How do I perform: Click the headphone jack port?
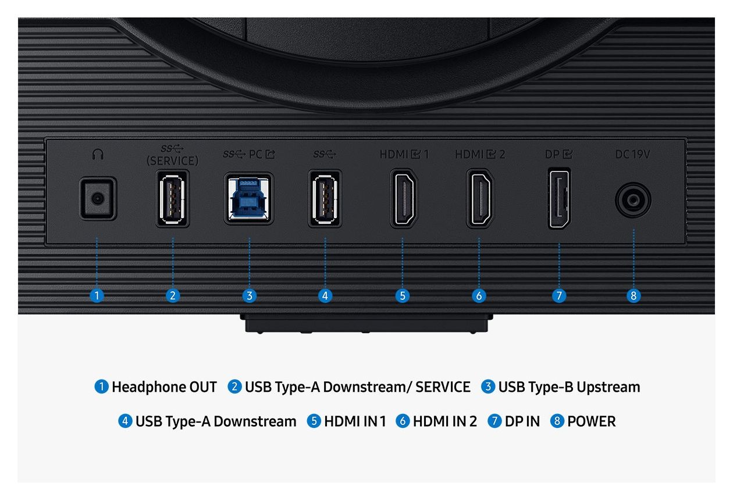coord(98,198)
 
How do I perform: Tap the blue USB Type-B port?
coord(249,198)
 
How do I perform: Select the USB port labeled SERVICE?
coord(172,198)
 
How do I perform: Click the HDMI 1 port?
coord(404,198)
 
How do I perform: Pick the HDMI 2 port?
coord(480,198)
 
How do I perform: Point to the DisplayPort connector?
coord(559,198)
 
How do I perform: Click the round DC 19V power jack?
coord(633,200)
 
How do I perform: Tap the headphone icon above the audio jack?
coord(98,154)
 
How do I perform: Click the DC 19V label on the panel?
coord(632,154)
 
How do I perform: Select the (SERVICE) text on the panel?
coord(172,161)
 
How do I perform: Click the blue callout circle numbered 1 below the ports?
coord(97,295)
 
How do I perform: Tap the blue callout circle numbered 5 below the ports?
coord(403,295)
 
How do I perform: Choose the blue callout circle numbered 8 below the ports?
coord(634,295)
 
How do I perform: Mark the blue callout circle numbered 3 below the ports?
coord(250,295)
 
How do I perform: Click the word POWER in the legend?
coord(591,421)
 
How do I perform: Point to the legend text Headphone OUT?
coord(164,387)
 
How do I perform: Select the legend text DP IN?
coord(522,421)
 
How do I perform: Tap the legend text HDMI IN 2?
coord(444,421)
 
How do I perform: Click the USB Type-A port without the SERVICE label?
coord(325,198)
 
